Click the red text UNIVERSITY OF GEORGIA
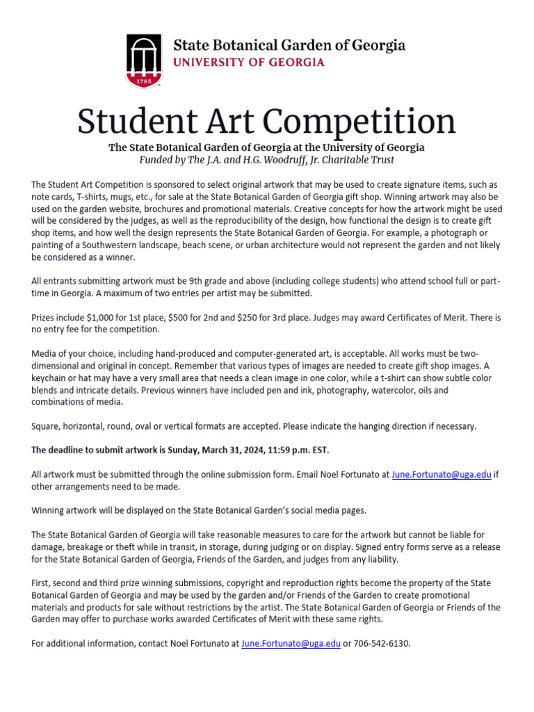[x=248, y=63]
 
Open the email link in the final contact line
[x=291, y=644]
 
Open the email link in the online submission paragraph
[x=441, y=474]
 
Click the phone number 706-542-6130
[x=382, y=644]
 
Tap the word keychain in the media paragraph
[x=51, y=378]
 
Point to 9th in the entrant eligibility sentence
[x=197, y=281]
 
